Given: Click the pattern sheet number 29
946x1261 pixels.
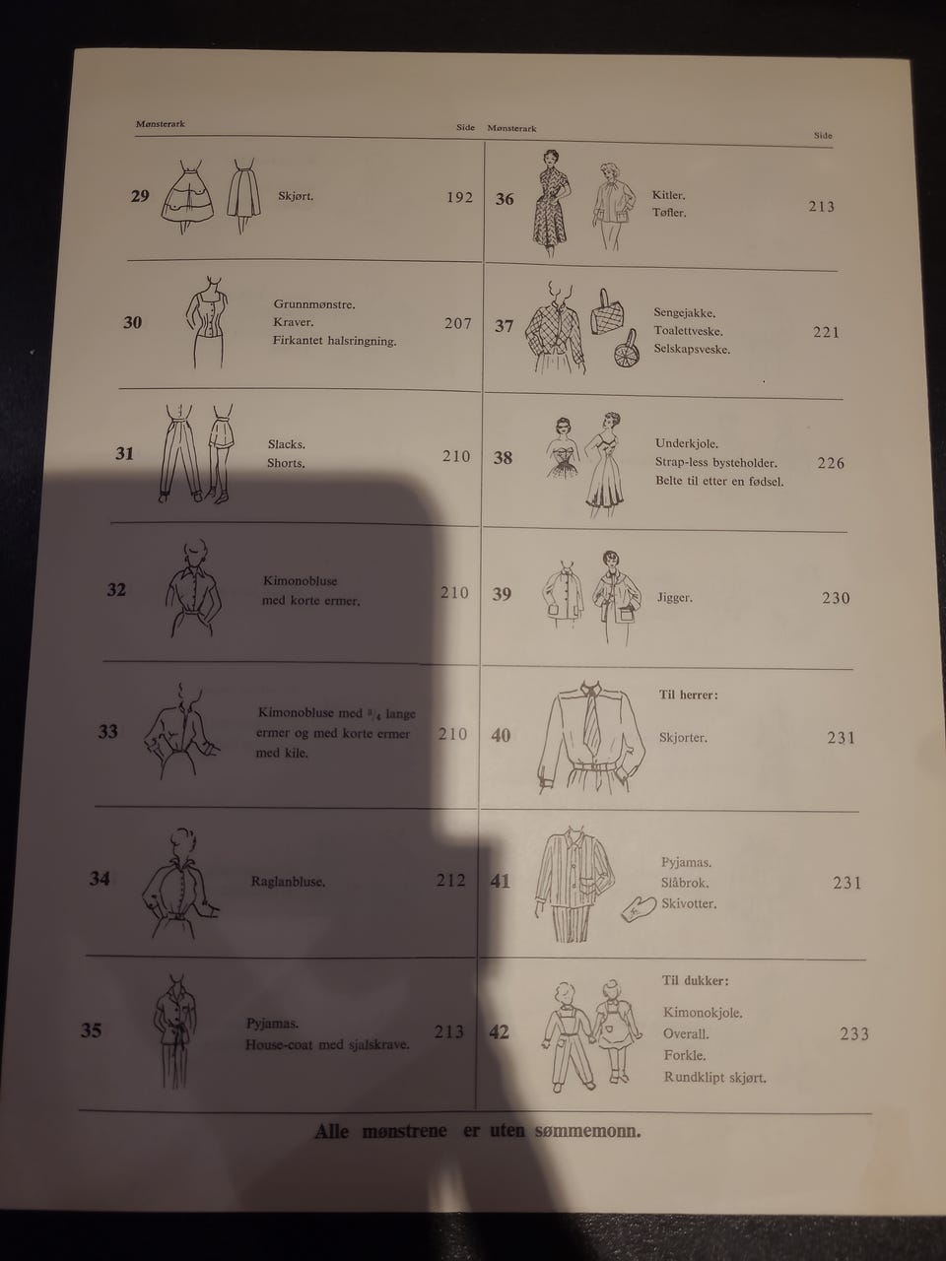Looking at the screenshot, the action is point(140,196).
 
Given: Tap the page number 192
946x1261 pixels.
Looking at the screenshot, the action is point(460,198).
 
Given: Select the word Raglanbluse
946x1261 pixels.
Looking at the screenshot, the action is point(288,882).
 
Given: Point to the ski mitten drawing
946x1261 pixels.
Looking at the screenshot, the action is point(640,908).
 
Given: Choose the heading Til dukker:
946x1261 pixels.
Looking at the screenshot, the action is point(695,980).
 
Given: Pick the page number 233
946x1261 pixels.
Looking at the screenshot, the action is point(854,1034).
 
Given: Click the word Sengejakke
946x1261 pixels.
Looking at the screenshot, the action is point(685,313).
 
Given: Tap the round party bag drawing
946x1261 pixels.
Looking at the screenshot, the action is point(625,351).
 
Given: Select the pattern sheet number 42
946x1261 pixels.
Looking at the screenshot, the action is point(499,1032).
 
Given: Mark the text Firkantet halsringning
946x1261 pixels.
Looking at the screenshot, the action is point(334,341).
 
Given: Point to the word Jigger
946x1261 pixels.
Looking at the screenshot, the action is point(675,597).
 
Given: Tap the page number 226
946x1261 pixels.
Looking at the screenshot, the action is point(831,463).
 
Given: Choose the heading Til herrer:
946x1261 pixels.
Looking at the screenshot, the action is point(688,696).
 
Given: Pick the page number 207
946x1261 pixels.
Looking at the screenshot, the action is point(458,323).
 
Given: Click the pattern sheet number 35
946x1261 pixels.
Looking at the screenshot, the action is point(92,1030).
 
